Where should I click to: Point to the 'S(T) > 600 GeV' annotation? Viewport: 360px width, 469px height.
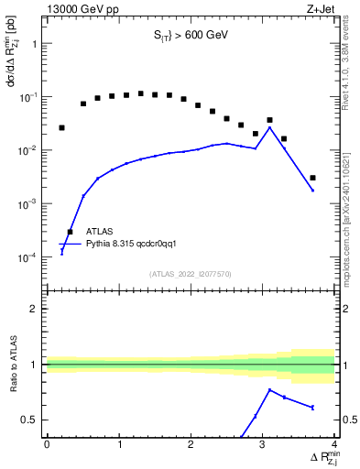tap(191, 38)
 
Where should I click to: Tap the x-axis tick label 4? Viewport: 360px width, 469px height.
tap(334, 444)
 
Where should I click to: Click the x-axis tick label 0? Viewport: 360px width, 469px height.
tap(47, 444)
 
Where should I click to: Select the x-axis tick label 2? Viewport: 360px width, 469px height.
tap(191, 444)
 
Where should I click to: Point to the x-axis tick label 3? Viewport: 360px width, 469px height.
tap(263, 444)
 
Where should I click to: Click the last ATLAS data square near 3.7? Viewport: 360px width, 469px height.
tap(312, 178)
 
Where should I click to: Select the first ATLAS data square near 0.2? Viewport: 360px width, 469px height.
tap(61, 127)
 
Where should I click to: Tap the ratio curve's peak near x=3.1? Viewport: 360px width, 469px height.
tap(269, 390)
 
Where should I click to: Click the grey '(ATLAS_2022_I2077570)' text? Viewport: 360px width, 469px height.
tap(191, 274)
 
